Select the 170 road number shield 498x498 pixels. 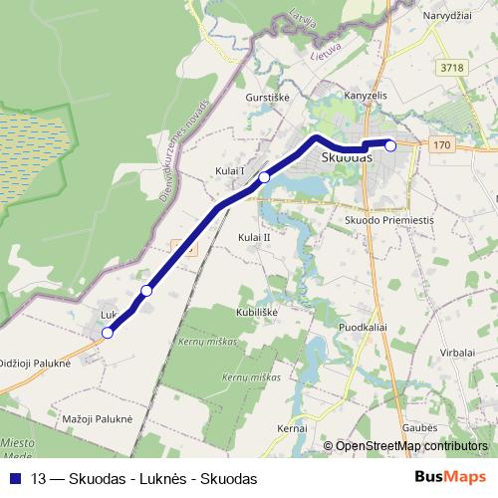442,145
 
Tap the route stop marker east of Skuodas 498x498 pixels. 390,145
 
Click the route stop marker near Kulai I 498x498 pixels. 265,177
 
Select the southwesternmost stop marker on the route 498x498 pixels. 108,333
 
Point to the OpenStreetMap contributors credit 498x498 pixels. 411,446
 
